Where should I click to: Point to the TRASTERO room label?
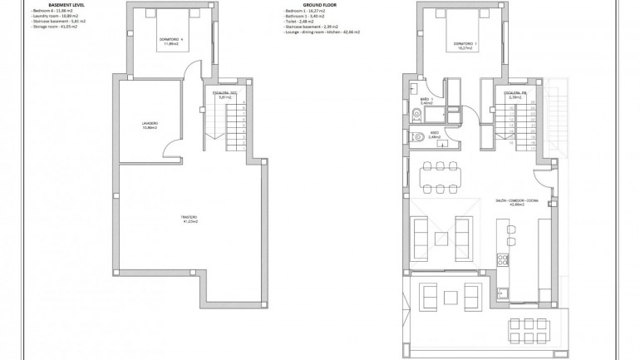pyautogui.click(x=190, y=219)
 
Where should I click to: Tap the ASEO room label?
pyautogui.click(x=433, y=135)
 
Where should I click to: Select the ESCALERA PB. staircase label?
pyautogui.click(x=516, y=96)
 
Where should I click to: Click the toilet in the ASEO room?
pyautogui.click(x=415, y=135)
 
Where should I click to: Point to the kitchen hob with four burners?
pyautogui.click(x=503, y=261)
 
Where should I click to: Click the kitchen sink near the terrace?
pyautogui.click(x=503, y=291)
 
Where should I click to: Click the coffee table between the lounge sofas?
pyautogui.click(x=450, y=297)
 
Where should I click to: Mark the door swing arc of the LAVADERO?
pyautogui.click(x=173, y=150)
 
